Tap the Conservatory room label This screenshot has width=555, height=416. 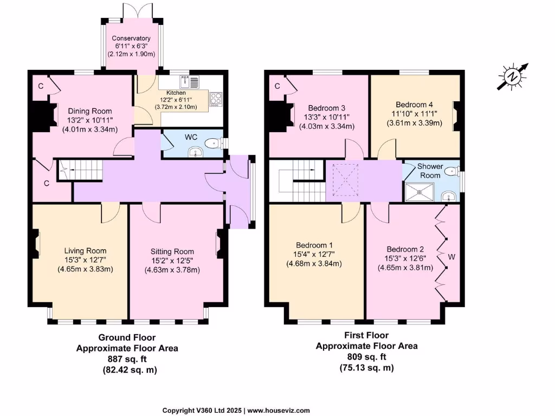(x=131, y=38)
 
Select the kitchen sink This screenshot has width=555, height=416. (x=189, y=82)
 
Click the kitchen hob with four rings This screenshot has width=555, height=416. (x=215, y=99)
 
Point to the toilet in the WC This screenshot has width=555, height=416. (x=216, y=143)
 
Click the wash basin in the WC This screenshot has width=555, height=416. (x=195, y=152)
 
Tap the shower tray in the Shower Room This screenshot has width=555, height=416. (x=420, y=192)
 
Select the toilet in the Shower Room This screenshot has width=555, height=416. (x=453, y=172)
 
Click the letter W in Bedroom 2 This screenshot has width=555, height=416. (x=451, y=257)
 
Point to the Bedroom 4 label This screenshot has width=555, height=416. (x=414, y=105)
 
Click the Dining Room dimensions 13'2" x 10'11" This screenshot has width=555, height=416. (x=90, y=120)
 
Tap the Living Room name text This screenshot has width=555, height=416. (x=85, y=251)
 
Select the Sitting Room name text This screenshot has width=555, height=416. (x=172, y=251)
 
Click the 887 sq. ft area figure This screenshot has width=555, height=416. (x=127, y=359)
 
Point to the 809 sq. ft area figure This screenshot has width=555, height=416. (x=367, y=356)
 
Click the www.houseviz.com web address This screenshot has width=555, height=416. (x=279, y=411)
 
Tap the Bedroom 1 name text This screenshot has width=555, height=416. (x=314, y=245)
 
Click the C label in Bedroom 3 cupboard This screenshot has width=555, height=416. (x=277, y=86)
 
